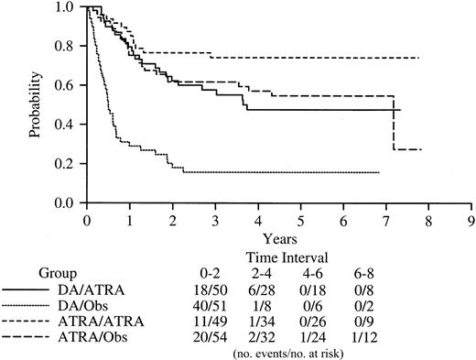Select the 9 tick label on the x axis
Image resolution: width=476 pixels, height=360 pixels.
point(472,221)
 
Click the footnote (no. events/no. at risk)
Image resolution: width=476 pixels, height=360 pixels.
point(312,352)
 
